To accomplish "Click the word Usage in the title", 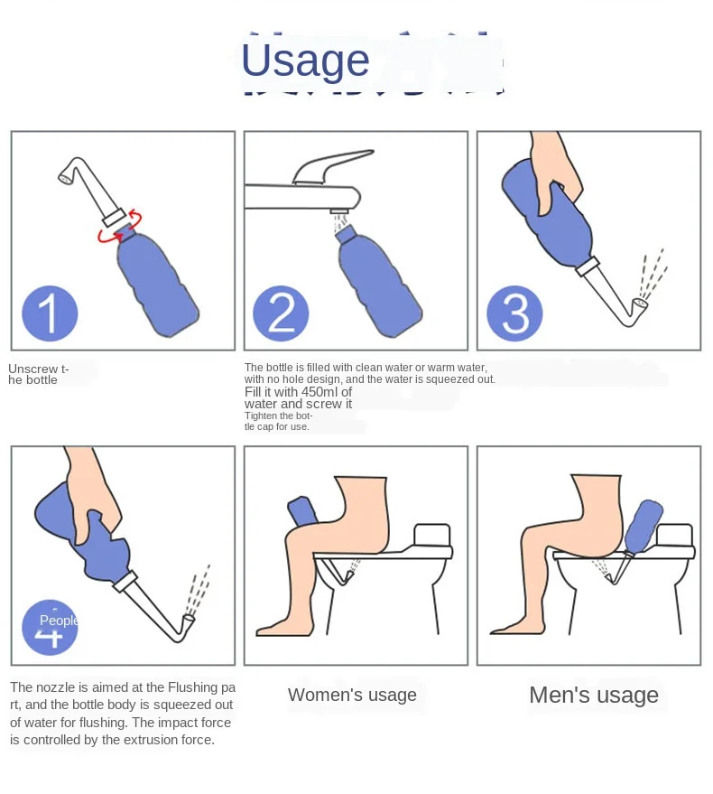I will [x=305, y=61].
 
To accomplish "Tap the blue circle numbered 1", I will [x=50, y=313].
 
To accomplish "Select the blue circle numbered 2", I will [x=282, y=313].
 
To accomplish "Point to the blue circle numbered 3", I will [x=514, y=313].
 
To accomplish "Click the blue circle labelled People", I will [x=50, y=626].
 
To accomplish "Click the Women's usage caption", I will [x=352, y=695].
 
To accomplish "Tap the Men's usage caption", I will [x=593, y=695].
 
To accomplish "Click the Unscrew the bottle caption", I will [x=38, y=374].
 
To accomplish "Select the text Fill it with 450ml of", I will [x=298, y=392].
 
